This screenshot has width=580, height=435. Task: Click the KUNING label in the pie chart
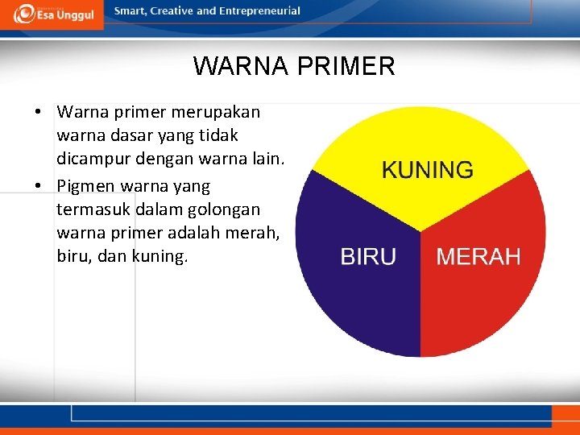tap(427, 170)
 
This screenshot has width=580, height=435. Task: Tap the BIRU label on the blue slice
tap(368, 257)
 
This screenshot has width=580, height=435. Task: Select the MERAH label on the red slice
tap(478, 257)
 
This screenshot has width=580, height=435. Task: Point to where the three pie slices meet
tap(420, 232)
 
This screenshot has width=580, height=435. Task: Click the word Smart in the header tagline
tap(131, 11)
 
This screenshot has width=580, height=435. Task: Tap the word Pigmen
tap(86, 187)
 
